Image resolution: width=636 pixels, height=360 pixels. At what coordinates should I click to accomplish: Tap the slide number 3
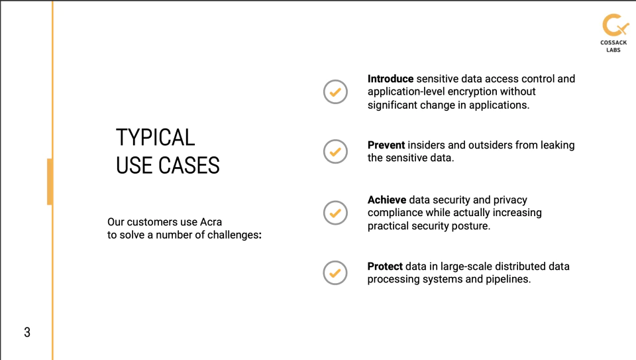27,332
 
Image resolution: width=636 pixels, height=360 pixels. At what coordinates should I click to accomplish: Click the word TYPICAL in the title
155,137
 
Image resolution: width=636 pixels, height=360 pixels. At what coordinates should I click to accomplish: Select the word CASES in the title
189,166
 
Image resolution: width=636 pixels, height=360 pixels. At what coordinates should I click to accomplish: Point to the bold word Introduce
390,79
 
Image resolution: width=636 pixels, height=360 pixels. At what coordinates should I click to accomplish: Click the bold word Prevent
386,145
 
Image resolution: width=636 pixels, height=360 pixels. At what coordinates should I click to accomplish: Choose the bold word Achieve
386,200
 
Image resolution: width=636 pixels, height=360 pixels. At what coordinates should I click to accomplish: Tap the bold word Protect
385,267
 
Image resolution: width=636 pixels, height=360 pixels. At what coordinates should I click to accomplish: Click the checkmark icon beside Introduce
335,92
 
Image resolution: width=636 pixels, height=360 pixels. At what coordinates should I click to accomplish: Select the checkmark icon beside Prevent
335,152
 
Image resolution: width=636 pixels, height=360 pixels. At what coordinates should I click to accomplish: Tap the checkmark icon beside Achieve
335,213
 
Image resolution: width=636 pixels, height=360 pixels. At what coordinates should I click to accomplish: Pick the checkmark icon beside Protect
335,272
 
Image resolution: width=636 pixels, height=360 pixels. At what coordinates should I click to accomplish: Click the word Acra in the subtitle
211,222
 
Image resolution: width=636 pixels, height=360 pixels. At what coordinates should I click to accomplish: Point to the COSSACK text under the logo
613,42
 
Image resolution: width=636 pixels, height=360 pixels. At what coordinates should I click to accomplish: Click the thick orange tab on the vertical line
50,182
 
